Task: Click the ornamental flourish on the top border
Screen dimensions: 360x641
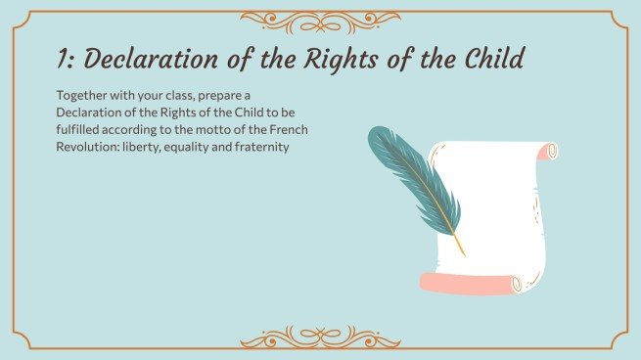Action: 320,19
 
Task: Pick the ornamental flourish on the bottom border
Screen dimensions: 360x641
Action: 320,338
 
